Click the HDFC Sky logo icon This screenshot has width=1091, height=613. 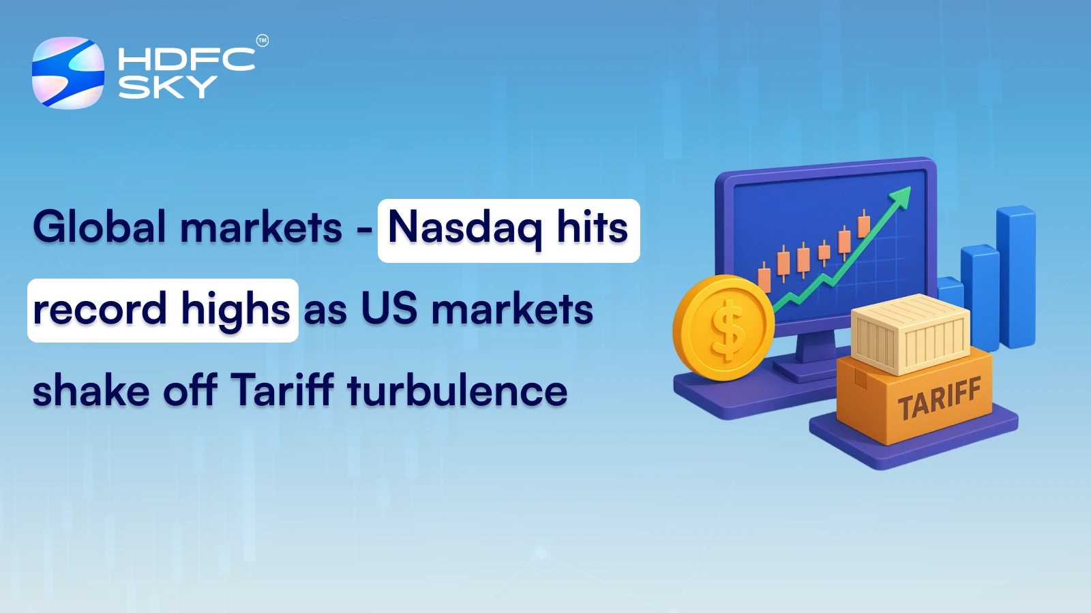[68, 73]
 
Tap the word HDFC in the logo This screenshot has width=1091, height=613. [186, 60]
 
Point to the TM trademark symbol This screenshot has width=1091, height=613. [263, 41]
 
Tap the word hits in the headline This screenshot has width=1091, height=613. [592, 227]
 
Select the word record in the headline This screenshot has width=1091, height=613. [100, 310]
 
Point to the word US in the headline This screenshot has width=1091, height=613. [389, 309]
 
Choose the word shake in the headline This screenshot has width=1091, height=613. [91, 391]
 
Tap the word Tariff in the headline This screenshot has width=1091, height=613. [282, 390]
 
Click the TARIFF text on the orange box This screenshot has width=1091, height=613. [939, 399]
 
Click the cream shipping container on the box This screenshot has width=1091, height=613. [910, 333]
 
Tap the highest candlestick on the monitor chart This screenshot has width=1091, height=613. [864, 225]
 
